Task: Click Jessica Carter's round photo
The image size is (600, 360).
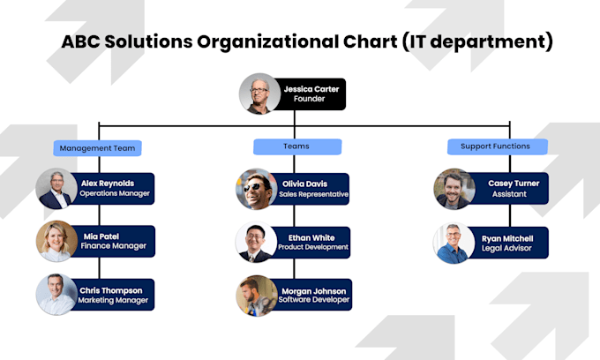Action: pyautogui.click(x=259, y=94)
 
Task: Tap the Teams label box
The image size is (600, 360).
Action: pyautogui.click(x=296, y=147)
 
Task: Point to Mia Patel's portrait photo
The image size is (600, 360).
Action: pyautogui.click(x=56, y=241)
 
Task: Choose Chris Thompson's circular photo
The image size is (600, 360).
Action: pyautogui.click(x=56, y=295)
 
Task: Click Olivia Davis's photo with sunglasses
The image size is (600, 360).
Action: pyautogui.click(x=256, y=189)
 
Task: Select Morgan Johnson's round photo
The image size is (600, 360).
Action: pyautogui.click(x=256, y=296)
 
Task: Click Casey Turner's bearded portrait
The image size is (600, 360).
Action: pyautogui.click(x=454, y=189)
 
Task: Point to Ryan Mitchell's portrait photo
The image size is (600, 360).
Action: pyautogui.click(x=454, y=243)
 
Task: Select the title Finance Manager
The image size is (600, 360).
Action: pyautogui.click(x=113, y=247)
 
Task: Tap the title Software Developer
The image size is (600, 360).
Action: pyautogui.click(x=313, y=301)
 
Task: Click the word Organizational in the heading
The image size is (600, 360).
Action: pyautogui.click(x=281, y=41)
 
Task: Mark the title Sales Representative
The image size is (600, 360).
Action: pyautogui.click(x=314, y=194)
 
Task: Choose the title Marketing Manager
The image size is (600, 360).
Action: pyautogui.click(x=114, y=301)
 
